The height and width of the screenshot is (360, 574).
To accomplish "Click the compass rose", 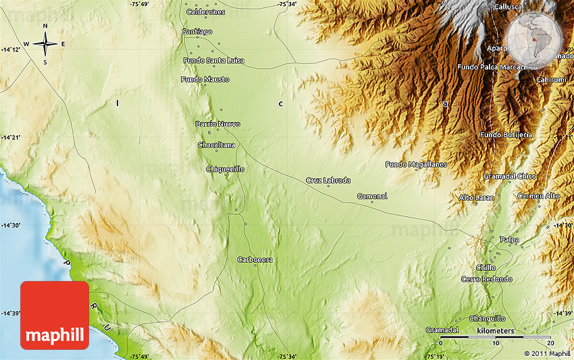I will coord(45,45).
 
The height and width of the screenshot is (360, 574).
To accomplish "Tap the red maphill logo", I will coord(55,315).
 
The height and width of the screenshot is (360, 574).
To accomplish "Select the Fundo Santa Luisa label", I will coord(214,61).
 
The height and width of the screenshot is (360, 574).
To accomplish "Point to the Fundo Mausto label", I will coord(205,80).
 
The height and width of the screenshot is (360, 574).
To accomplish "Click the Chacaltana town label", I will coord(216,145).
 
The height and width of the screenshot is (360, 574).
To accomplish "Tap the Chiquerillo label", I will coord(225,169).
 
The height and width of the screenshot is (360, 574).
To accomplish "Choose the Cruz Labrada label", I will coord(328,180).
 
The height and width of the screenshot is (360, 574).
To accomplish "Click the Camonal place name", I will coord(372,197).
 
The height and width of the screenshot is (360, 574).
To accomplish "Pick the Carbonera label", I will coord(255,260).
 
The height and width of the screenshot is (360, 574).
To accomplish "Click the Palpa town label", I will coord(509,240).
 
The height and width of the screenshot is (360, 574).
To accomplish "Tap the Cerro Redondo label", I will coord(486,280).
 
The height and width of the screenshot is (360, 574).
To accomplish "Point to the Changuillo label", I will coord(487,318).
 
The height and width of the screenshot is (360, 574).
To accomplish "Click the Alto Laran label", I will coord(476,197).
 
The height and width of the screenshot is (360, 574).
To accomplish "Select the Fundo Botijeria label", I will coord(506,135).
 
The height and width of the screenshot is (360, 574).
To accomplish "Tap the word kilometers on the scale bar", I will coord(495,331).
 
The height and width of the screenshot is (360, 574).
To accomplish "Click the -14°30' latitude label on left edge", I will coord(11,226).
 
